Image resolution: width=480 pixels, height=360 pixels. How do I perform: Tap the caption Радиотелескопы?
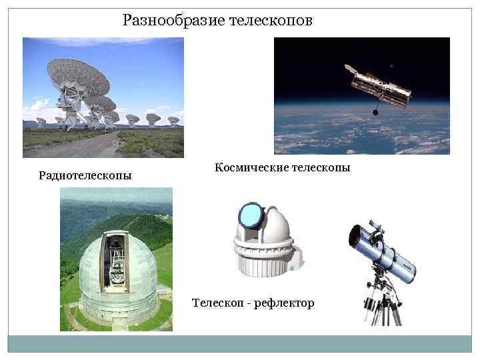coord(85,176)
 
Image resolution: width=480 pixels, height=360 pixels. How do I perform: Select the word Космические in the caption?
coord(251,168)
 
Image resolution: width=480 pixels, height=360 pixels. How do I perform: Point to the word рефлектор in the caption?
coord(284,303)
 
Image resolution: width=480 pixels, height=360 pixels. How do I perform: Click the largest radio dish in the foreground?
coord(78,80)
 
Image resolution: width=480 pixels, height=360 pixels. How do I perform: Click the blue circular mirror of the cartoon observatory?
coord(251,215)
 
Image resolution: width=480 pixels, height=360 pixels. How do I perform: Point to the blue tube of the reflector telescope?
coord(387,253)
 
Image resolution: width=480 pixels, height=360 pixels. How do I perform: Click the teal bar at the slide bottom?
coord(240,343)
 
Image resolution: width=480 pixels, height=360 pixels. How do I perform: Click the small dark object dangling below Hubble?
coord(375,113)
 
